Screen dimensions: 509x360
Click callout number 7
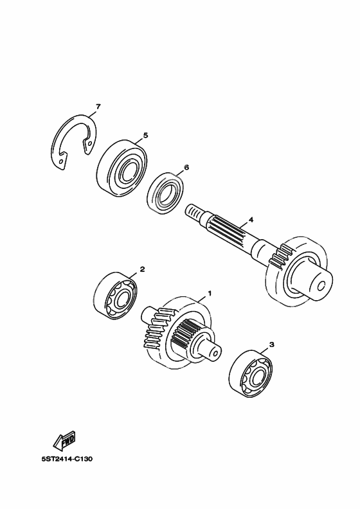[x=98, y=106]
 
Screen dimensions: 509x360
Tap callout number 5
[x=145, y=136]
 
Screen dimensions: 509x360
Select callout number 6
[x=186, y=168]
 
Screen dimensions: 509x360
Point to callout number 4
[x=251, y=220]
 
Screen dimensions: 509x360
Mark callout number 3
[x=272, y=344]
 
